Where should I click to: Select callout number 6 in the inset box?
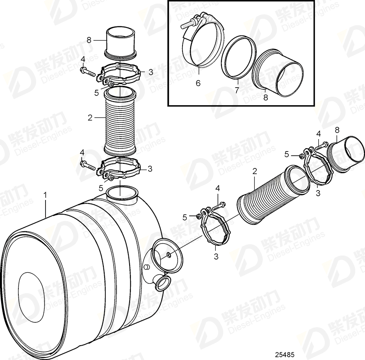(x=198, y=83)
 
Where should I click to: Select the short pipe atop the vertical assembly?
(x=121, y=41)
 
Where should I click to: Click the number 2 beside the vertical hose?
(x=89, y=118)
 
